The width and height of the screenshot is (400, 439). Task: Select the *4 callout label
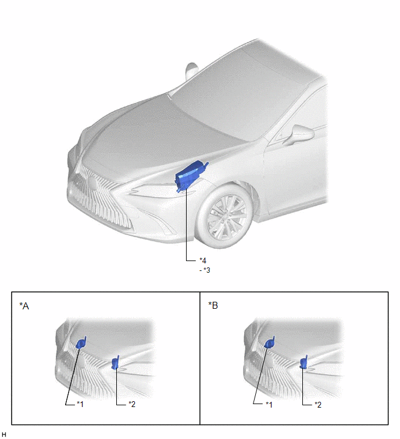tap(203, 260)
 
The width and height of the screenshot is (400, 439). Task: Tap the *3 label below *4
tap(206, 270)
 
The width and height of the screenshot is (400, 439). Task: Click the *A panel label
tap(24, 306)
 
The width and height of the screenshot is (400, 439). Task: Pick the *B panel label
tap(213, 305)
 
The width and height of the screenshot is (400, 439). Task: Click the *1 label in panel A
tap(80, 404)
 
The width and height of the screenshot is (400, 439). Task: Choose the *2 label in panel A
tap(132, 404)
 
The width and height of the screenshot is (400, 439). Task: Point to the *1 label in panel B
tap(269, 404)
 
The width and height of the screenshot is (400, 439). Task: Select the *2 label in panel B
tap(318, 404)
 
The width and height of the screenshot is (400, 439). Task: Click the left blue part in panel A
tap(81, 342)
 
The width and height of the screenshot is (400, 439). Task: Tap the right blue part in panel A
tap(115, 363)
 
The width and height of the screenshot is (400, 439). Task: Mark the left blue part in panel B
tap(270, 342)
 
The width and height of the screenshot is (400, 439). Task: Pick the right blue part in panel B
tap(303, 362)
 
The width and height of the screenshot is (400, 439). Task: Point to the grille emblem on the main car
tap(92, 183)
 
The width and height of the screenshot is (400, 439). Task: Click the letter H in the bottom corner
tap(3, 434)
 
